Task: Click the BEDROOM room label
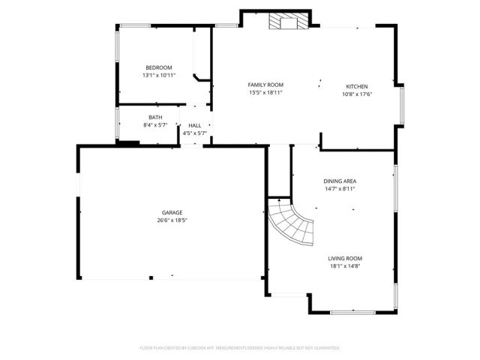point(158,67)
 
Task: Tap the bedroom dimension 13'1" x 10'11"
point(158,76)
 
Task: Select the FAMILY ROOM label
point(265,85)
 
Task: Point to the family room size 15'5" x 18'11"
point(265,93)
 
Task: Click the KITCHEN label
point(356,85)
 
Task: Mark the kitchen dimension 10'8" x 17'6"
point(356,94)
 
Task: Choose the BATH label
point(155,117)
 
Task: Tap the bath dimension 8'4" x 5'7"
point(155,125)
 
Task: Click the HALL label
point(194,125)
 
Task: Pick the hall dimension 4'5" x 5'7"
point(194,133)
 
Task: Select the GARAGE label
point(172,212)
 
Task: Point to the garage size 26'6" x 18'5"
point(172,220)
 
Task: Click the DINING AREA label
point(339,181)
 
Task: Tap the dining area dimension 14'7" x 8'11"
point(339,189)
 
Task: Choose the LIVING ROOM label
point(345,257)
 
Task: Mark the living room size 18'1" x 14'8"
point(345,265)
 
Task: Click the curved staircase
point(293,225)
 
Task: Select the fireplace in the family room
point(289,21)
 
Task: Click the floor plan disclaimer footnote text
point(240,348)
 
